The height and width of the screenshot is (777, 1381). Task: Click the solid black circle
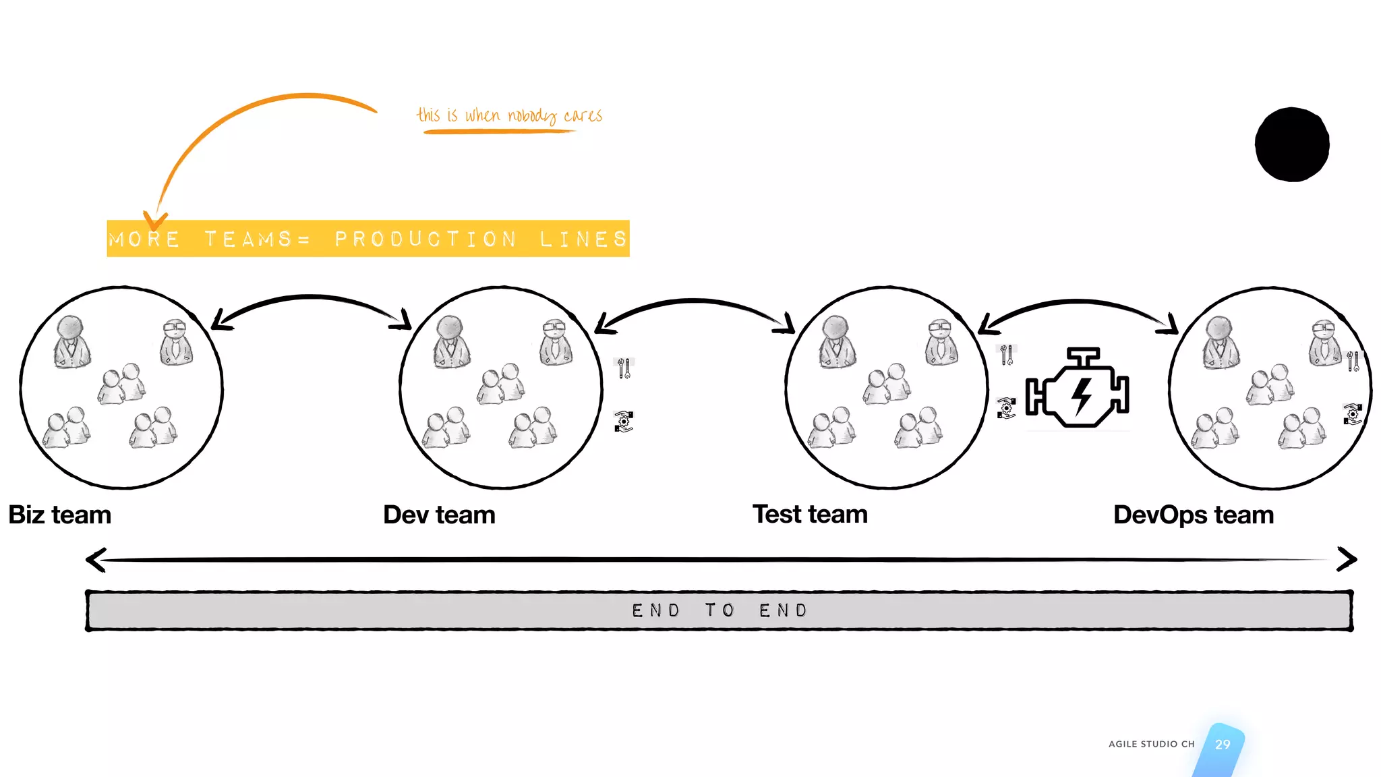click(x=1291, y=144)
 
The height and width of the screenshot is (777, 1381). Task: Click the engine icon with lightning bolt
click(x=1078, y=389)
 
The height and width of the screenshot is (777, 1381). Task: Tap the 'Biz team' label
click(x=59, y=515)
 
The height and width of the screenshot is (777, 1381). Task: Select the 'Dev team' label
click(x=439, y=515)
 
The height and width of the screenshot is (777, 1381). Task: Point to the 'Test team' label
click(x=810, y=514)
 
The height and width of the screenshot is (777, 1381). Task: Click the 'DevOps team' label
click(x=1193, y=515)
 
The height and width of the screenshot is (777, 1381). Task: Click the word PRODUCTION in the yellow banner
click(x=425, y=239)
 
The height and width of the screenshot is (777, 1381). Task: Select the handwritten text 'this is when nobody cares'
click(x=509, y=116)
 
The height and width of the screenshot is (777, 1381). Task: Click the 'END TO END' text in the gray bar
click(x=719, y=610)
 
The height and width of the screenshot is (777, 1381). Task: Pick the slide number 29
click(x=1222, y=745)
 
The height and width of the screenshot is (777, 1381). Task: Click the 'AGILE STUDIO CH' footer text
click(x=1151, y=744)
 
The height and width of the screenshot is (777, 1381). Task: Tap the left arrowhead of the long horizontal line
click(x=96, y=559)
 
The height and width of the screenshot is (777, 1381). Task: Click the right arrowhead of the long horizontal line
click(x=1346, y=559)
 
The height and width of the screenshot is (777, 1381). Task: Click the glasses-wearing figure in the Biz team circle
click(x=177, y=342)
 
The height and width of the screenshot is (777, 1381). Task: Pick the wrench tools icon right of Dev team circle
click(x=624, y=368)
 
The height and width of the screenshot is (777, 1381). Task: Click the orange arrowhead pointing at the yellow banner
click(x=155, y=221)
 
